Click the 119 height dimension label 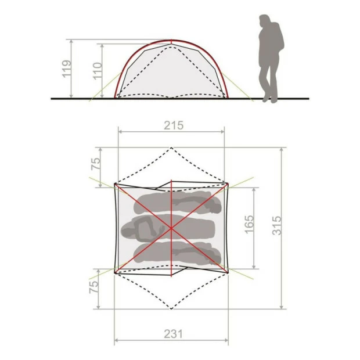(67, 69)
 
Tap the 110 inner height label (98, 71)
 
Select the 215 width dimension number (174, 125)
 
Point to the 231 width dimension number (174, 334)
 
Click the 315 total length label (276, 225)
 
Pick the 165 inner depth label (250, 225)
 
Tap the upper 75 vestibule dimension (96, 164)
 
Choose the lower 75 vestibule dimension (93, 287)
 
